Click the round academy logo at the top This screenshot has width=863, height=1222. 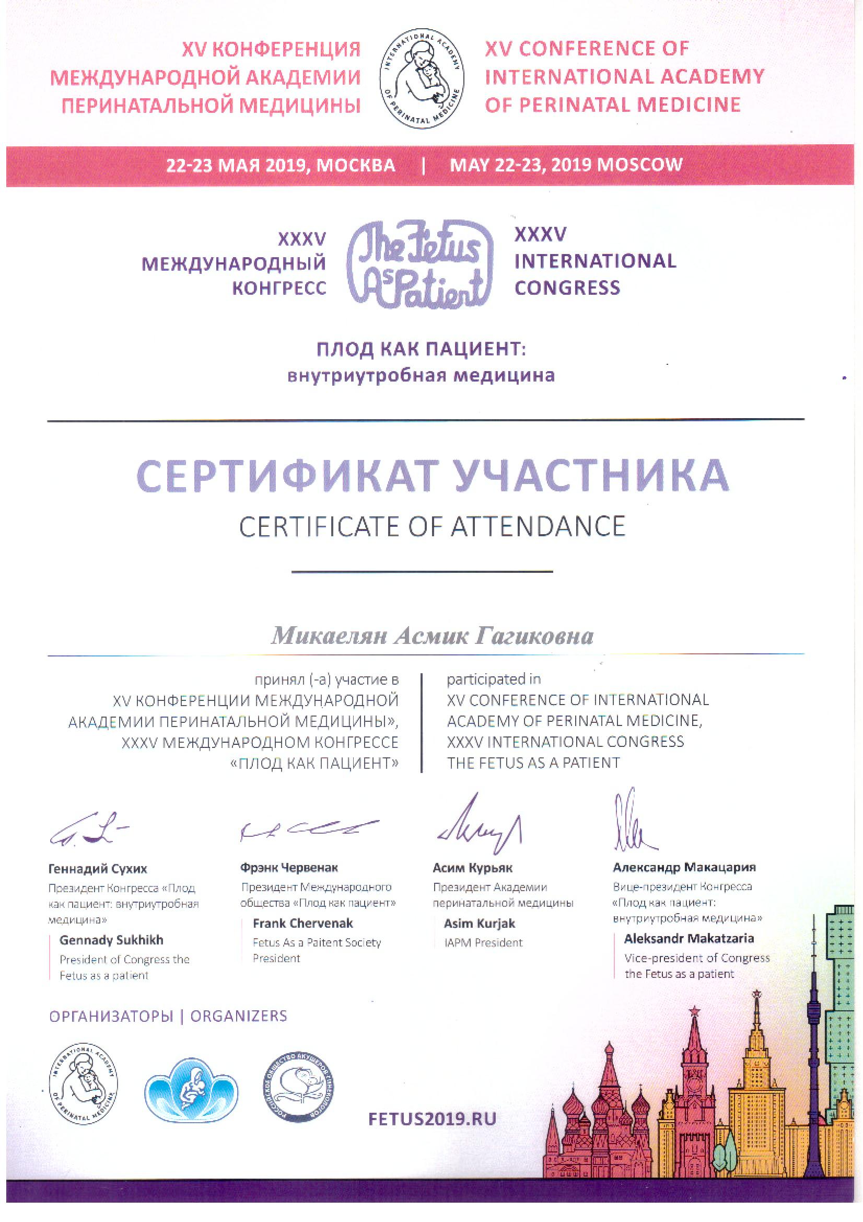[422, 78]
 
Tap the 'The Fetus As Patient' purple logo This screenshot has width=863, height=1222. [421, 264]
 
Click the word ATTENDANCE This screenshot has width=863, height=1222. [538, 527]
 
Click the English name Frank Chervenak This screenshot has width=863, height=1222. [303, 924]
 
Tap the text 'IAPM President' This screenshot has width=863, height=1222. [483, 942]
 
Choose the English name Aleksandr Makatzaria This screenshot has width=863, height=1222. [689, 938]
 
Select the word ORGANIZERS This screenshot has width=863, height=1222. [238, 1016]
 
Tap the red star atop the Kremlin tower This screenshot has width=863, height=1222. [694, 1010]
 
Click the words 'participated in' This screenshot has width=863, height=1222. [493, 679]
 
